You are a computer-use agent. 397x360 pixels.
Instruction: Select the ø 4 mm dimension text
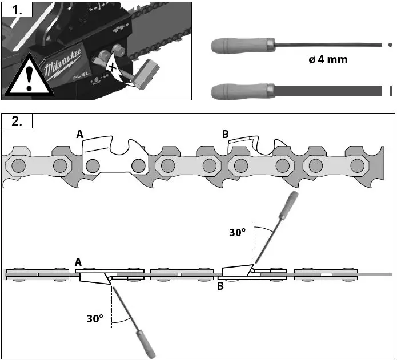pos(328,59)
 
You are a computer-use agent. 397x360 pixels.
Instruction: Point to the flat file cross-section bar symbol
pos(391,91)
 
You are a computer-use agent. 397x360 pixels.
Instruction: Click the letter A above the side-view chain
pos(80,134)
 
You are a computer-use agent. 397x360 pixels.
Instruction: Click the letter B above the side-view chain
pos(226,134)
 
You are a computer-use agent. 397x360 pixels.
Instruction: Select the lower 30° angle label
pos(95,319)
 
